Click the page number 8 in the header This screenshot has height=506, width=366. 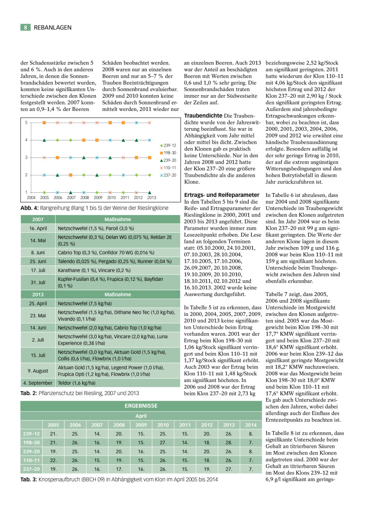pyautogui.click(x=25, y=27)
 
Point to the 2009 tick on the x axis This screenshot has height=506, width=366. pyautogui.click(x=98, y=197)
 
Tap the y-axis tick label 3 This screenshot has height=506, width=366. pyautogui.click(x=27, y=157)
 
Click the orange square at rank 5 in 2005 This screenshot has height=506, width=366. pyautogui.click(x=44, y=123)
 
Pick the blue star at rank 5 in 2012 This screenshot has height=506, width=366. pyautogui.click(x=136, y=123)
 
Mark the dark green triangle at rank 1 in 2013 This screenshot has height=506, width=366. pyautogui.click(x=150, y=192)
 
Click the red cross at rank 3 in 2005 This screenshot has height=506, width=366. pyautogui.click(x=44, y=157)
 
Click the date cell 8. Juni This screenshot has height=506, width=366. pyautogui.click(x=38, y=252)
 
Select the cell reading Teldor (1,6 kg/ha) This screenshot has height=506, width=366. pyautogui.click(x=76, y=383)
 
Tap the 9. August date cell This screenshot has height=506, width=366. pyautogui.click(x=38, y=371)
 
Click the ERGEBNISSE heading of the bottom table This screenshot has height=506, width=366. pyautogui.click(x=141, y=406)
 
